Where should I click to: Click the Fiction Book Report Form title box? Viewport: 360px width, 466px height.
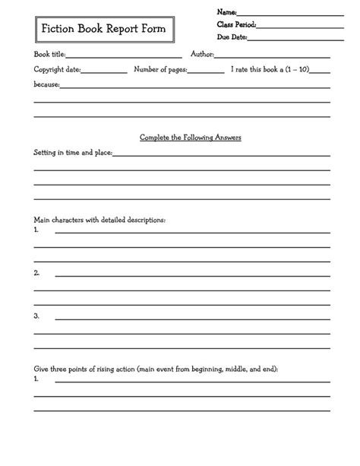pos(99,30)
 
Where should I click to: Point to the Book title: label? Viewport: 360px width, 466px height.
pos(50,55)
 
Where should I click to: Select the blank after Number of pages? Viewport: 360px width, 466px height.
pos(206,71)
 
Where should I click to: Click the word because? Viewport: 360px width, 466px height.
pos(46,84)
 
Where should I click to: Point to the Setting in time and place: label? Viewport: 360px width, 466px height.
pos(73,152)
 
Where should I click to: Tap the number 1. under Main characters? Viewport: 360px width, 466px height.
pos(36,229)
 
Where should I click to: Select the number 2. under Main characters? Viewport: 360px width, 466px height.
pos(36,272)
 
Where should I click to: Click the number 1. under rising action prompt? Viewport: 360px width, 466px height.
pos(36,379)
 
